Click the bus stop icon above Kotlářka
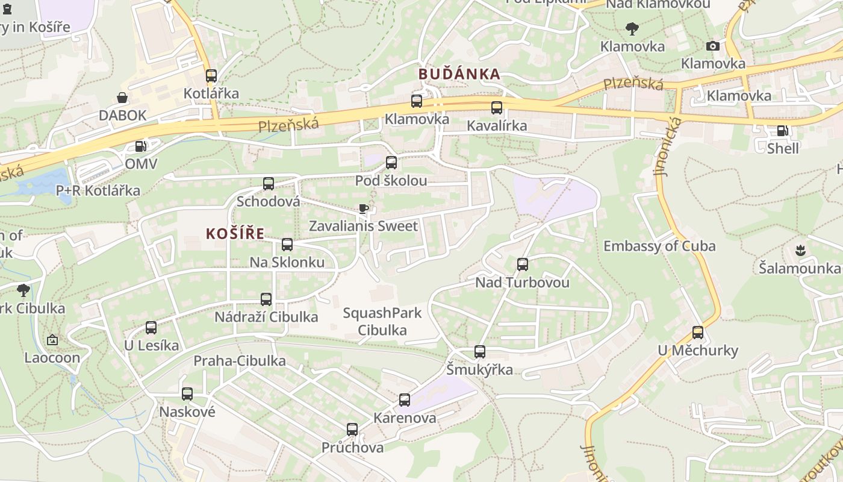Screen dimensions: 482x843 211,76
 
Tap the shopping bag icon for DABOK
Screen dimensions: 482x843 122,98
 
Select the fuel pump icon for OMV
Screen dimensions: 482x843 140,146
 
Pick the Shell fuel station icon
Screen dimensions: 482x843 782,130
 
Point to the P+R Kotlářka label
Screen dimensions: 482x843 98,191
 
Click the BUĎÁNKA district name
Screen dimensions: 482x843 459,74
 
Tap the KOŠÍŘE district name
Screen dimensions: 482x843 235,234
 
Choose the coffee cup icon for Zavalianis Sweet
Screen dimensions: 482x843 363,209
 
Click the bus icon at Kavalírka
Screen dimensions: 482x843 497,108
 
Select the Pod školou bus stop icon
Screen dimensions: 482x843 391,163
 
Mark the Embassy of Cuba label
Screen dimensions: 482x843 659,246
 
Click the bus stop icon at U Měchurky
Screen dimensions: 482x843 698,333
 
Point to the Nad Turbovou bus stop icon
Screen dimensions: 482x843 523,264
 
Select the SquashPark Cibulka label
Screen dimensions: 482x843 382,322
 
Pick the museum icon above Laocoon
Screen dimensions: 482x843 52,340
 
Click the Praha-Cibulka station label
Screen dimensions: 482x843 239,361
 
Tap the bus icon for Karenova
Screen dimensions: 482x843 405,400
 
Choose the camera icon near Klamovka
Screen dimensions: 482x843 713,46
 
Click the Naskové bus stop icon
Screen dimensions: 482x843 187,394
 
